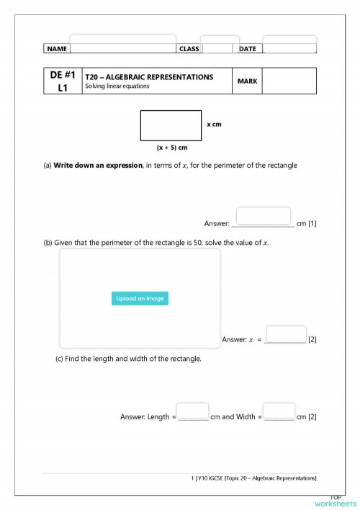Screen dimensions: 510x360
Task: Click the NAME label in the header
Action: (56, 49)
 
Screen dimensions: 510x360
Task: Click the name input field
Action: (122, 43)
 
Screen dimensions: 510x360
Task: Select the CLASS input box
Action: (219, 44)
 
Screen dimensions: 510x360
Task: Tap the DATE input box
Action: (289, 44)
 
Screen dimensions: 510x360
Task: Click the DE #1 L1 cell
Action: (63, 81)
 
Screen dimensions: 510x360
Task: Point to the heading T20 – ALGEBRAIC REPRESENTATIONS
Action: (149, 76)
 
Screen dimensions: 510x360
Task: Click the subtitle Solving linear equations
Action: (117, 86)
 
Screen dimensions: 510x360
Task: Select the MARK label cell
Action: (247, 81)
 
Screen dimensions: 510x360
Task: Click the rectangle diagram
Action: (171, 125)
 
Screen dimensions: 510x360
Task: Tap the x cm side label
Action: (214, 125)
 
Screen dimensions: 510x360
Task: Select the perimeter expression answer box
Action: (263, 216)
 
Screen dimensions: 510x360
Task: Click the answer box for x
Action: (286, 334)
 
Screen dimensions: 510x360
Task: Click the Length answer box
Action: (192, 411)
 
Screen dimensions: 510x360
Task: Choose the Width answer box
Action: (279, 411)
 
